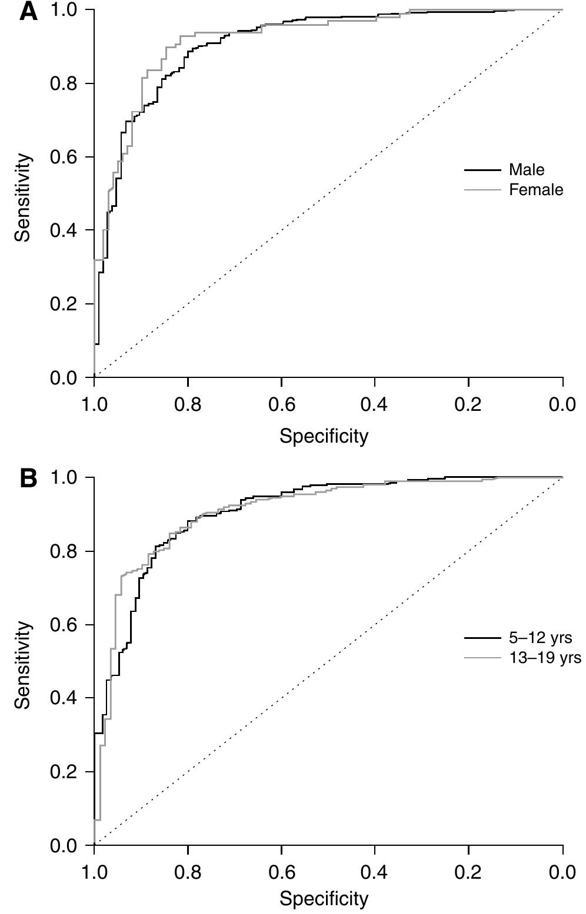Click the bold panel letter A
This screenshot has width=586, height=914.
pyautogui.click(x=28, y=11)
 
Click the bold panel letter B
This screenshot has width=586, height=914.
pyautogui.click(x=28, y=478)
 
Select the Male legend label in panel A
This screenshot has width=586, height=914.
pyautogui.click(x=527, y=170)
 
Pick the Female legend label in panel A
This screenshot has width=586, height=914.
pyautogui.click(x=535, y=189)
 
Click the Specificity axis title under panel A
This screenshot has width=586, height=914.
pyautogui.click(x=324, y=436)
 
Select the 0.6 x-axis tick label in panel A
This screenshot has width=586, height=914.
pyautogui.click(x=281, y=405)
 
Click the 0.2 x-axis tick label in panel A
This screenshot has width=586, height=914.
pyautogui.click(x=468, y=405)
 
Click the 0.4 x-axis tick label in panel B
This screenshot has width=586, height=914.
pyautogui.click(x=375, y=872)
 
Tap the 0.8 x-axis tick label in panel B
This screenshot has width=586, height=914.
pyautogui.click(x=188, y=872)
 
